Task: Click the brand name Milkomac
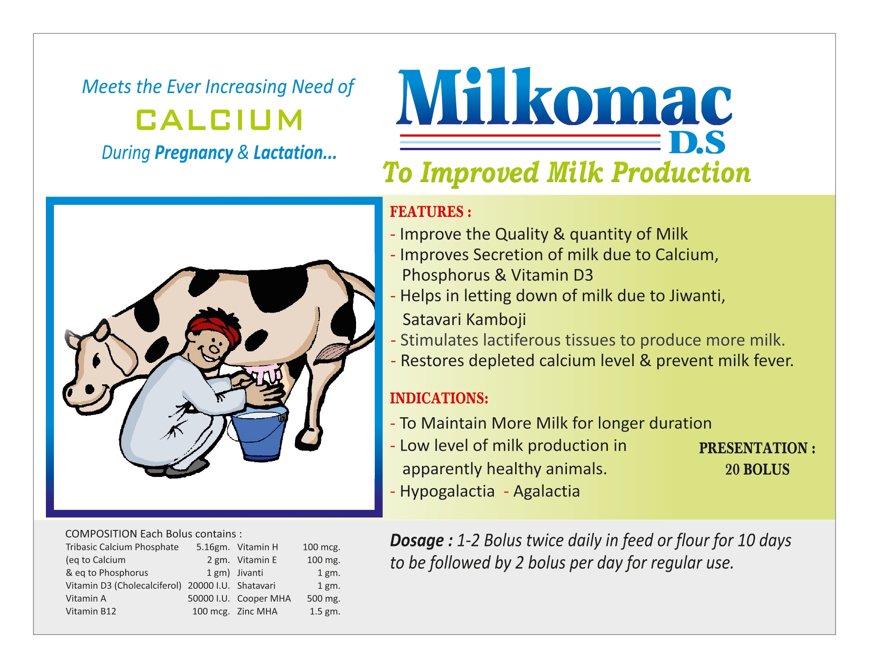click(x=564, y=97)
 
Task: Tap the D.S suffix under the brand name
click(x=697, y=143)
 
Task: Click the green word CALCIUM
click(x=219, y=120)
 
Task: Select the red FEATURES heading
click(x=430, y=212)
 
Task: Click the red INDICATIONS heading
click(x=439, y=398)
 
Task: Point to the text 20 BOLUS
click(x=757, y=469)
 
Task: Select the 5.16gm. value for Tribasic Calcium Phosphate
click(x=213, y=547)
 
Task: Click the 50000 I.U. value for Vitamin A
click(x=209, y=599)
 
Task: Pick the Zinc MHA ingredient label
click(x=257, y=611)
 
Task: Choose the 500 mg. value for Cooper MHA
click(x=324, y=599)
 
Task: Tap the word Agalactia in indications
click(x=546, y=491)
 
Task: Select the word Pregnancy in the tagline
click(x=194, y=153)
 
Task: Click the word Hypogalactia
click(x=447, y=491)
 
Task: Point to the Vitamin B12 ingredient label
click(x=91, y=611)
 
